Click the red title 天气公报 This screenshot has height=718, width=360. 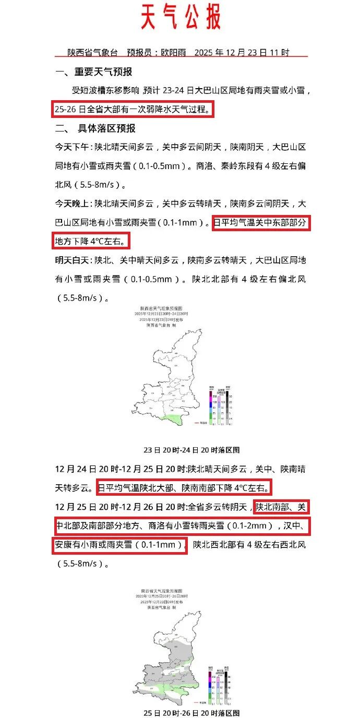tap(181, 17)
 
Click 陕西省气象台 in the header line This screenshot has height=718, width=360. tap(89, 53)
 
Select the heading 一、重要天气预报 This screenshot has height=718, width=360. tap(94, 72)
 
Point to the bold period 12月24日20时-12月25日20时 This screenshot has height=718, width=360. tap(121, 470)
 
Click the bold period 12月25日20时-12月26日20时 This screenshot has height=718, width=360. tap(121, 507)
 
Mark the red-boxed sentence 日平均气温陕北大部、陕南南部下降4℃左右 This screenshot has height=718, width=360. tap(184, 488)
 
